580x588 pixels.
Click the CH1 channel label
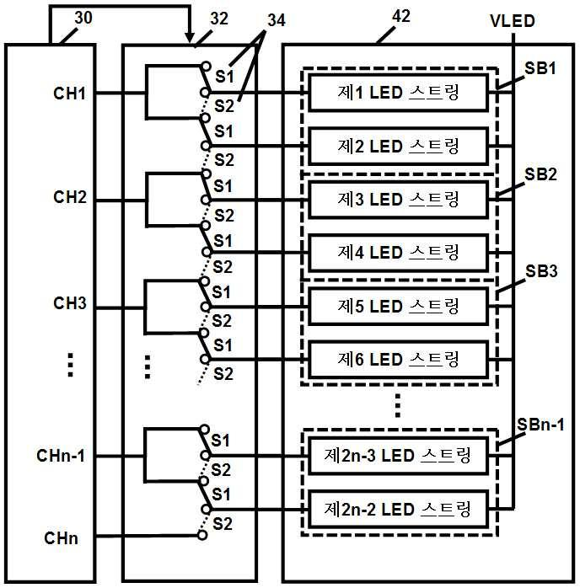70,94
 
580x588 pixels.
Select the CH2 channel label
70,197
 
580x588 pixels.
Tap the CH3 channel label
70,303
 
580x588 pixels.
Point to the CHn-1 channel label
61,456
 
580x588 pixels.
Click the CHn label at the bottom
62,538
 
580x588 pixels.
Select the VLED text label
513,21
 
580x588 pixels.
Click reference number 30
83,18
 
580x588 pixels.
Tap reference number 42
401,17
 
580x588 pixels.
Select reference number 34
277,20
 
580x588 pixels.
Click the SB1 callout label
540,68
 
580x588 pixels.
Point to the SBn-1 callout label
540,425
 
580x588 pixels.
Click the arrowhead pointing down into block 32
190,38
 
